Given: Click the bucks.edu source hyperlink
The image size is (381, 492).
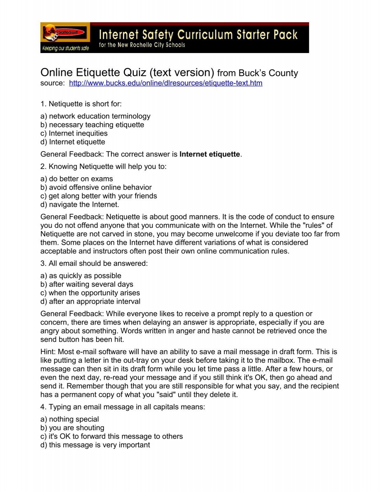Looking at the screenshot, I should [165, 83].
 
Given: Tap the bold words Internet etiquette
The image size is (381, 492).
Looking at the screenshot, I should [210, 154].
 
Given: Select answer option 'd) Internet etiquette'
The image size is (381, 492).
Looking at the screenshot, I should [73, 142].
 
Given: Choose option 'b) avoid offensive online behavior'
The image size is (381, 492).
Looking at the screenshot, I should [96, 187].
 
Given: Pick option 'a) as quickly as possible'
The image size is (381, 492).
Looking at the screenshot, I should [81, 276].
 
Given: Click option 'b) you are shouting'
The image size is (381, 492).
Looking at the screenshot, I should [72, 428].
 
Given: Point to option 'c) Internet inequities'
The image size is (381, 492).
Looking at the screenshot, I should [74, 133].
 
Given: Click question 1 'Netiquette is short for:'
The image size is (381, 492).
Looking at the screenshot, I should [81, 104].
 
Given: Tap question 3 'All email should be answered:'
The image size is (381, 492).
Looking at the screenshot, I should [94, 263].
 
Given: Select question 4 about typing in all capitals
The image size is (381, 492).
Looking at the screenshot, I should [123, 407].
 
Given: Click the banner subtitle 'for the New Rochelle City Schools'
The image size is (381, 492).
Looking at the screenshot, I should [142, 45].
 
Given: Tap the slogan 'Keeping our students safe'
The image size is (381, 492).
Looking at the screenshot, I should [65, 49].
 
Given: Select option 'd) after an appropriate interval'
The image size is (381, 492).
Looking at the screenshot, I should [90, 301].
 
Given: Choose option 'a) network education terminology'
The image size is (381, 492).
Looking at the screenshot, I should [95, 116].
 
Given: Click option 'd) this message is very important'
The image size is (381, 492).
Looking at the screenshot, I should [95, 445].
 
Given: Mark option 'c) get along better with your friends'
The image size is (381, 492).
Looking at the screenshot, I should [98, 196].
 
